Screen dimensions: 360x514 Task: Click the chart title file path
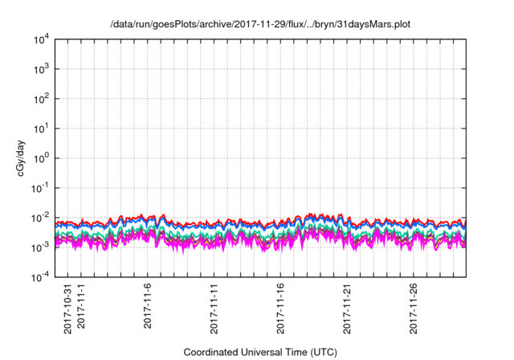coord(256,24)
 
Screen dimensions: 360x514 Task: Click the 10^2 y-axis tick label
coord(41,99)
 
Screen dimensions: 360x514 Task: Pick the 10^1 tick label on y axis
coord(41,129)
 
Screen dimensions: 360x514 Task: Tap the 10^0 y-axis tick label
coord(41,158)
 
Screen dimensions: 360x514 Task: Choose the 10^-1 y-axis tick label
coord(40,188)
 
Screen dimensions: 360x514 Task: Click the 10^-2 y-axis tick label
coord(40,218)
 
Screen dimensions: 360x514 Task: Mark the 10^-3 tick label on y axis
coord(40,247)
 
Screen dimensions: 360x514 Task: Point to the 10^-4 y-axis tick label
coord(40,277)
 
